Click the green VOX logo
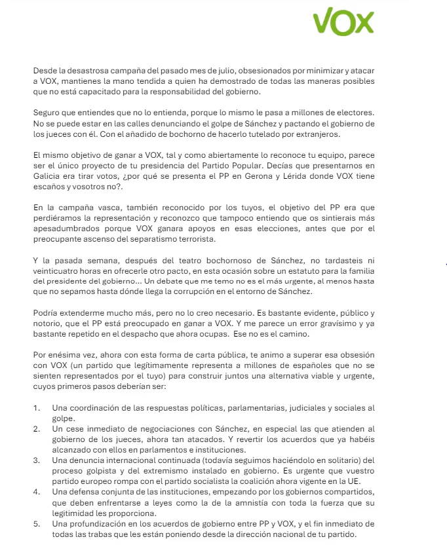tap(343, 23)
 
